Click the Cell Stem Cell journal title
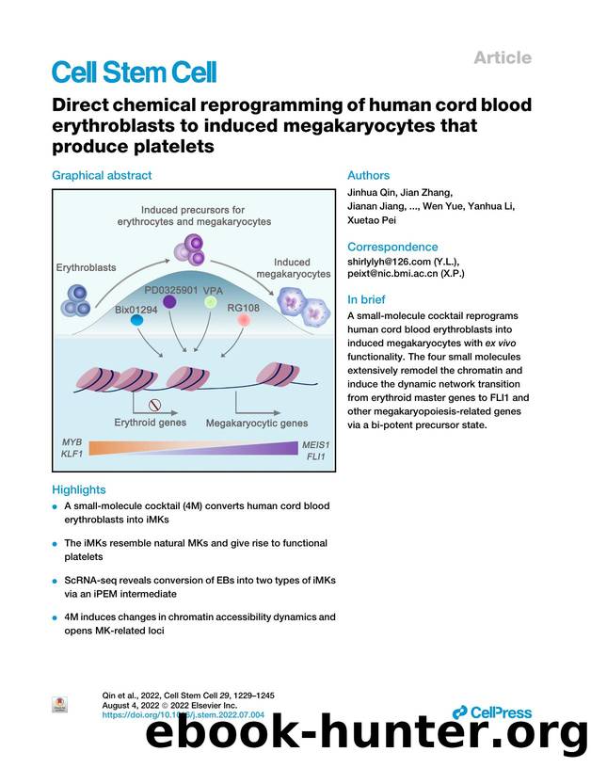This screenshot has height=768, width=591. click(x=134, y=72)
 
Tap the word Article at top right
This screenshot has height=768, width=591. click(x=503, y=57)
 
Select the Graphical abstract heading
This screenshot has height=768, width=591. click(x=102, y=175)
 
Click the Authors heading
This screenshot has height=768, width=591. click(x=368, y=175)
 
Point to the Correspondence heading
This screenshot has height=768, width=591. click(x=392, y=247)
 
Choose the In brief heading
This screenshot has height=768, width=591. click(x=368, y=300)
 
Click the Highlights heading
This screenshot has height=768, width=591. click(x=79, y=489)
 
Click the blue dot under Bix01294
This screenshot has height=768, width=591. click(x=137, y=321)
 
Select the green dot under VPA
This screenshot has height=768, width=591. click(x=214, y=304)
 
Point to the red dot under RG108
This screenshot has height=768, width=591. click(x=244, y=322)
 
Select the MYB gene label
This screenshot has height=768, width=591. click(x=72, y=442)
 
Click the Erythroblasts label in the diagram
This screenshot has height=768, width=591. click(x=92, y=267)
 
